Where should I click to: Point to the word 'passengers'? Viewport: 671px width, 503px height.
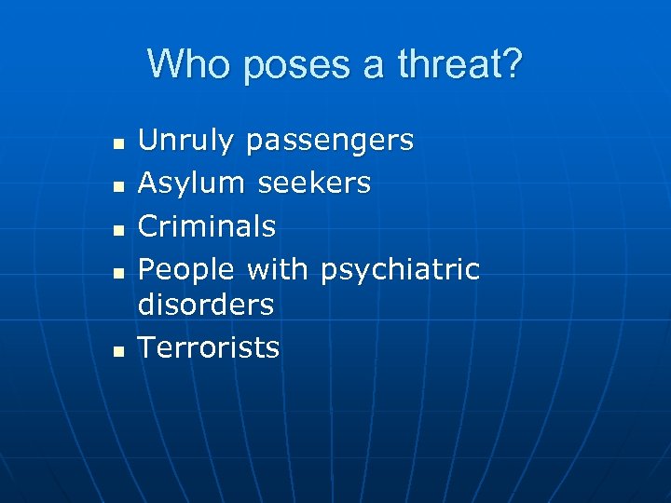tap(330, 143)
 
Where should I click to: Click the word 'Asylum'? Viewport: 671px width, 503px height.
tap(191, 184)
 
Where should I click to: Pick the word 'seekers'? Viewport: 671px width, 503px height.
tap(314, 184)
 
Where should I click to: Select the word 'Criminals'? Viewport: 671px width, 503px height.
tap(207, 226)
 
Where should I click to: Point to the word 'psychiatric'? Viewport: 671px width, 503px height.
tap(400, 270)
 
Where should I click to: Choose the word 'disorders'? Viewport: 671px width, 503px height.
tap(206, 305)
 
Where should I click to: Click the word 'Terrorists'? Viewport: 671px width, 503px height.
tap(209, 347)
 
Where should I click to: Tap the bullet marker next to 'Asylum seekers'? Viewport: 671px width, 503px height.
tap(117, 187)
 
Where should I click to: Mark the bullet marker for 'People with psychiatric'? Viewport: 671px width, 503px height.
tap(117, 273)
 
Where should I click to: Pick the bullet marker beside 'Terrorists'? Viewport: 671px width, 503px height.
tap(117, 351)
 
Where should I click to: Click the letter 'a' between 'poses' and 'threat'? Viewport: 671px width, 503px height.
tap(375, 67)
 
